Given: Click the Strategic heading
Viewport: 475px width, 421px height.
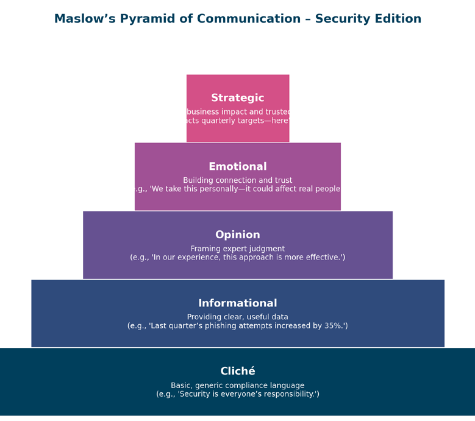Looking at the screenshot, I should pyautogui.click(x=238, y=98).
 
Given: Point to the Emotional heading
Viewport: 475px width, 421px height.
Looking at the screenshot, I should pyautogui.click(x=238, y=166).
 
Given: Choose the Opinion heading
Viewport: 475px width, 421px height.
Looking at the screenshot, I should pyautogui.click(x=238, y=235).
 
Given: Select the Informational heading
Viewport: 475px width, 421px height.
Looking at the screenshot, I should pyautogui.click(x=238, y=303).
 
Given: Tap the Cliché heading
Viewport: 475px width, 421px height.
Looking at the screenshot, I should pyautogui.click(x=238, y=371).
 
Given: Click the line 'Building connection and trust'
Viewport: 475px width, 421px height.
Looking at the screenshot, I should pyautogui.click(x=238, y=180).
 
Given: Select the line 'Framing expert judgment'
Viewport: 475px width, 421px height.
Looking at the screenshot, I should pyautogui.click(x=238, y=249).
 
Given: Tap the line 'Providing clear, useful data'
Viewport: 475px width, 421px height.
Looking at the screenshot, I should pyautogui.click(x=238, y=317).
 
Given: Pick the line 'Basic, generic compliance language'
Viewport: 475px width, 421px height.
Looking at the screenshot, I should pyautogui.click(x=238, y=385).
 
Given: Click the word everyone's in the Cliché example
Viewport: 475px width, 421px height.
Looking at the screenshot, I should pyautogui.click(x=237, y=394).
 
